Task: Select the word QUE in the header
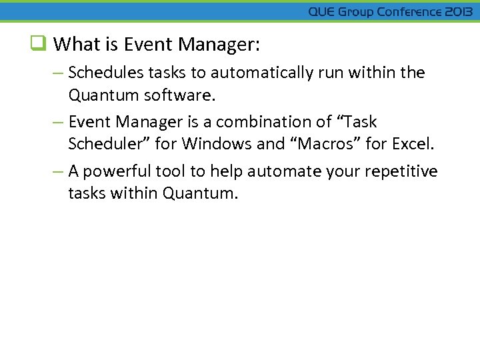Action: point(322,12)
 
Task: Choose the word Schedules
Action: point(104,73)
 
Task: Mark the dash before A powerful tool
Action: point(59,171)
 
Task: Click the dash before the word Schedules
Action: point(59,73)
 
